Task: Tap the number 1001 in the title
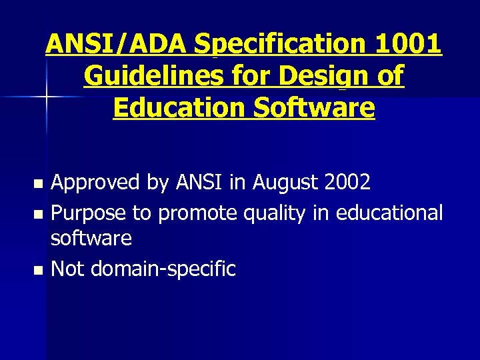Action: point(407,45)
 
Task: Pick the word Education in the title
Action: point(172,107)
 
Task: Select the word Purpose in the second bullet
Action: point(89,213)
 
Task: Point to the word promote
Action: point(198,214)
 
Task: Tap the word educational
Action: point(389,213)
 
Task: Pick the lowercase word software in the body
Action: point(91,237)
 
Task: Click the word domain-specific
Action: point(163,270)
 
